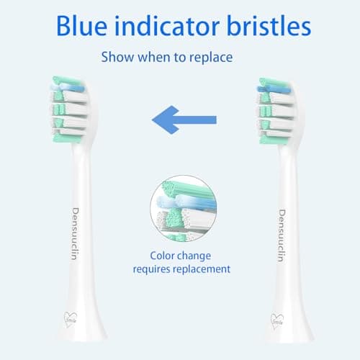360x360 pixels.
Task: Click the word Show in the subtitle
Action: coord(115,56)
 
